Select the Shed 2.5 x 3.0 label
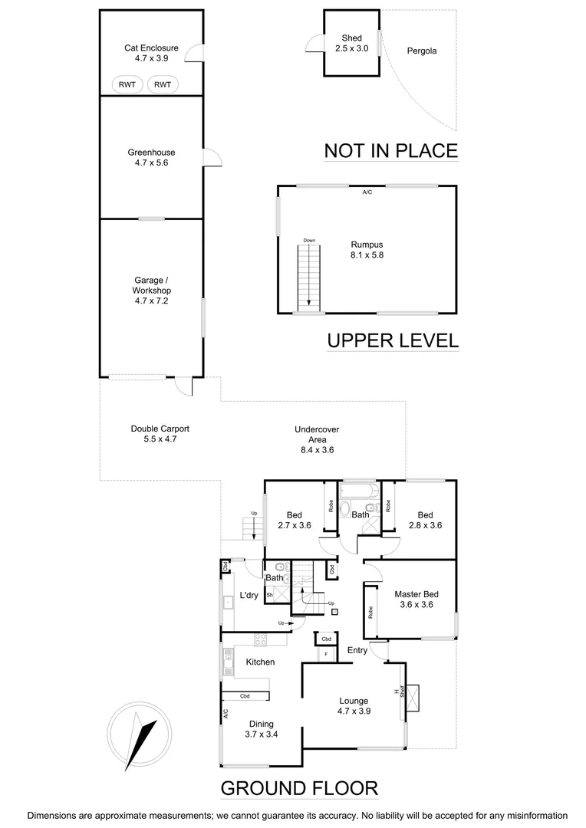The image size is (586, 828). tap(351, 43)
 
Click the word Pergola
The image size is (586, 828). tap(421, 51)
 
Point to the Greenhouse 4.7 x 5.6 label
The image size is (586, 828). tap(151, 157)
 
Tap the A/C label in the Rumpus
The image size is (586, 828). tap(367, 192)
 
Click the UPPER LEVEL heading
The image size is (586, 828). tap(393, 340)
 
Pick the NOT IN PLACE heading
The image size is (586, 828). tap(391, 150)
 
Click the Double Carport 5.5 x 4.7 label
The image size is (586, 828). tap(160, 434)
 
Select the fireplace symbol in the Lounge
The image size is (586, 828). tap(413, 697)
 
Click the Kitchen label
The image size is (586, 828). tap(260, 662)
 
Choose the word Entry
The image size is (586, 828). tap(357, 650)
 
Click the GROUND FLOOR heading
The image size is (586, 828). tap(299, 788)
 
